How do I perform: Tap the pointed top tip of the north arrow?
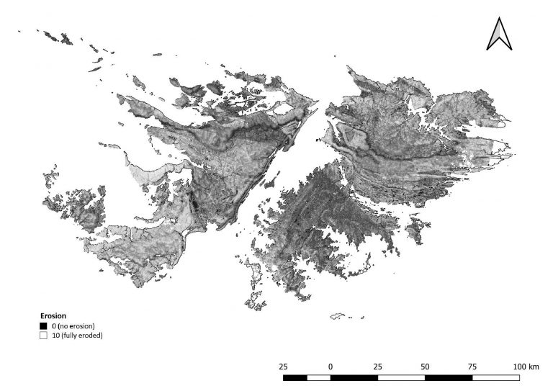pyautogui.click(x=499, y=18)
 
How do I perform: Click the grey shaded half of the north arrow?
pyautogui.click(x=504, y=36)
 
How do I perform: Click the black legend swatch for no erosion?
pyautogui.click(x=42, y=326)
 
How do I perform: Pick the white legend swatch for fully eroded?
pyautogui.click(x=42, y=335)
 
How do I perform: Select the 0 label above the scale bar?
pyautogui.click(x=331, y=367)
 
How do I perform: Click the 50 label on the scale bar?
pyautogui.click(x=425, y=367)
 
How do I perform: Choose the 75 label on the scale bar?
pyautogui.click(x=472, y=367)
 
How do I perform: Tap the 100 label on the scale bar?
pyautogui.click(x=516, y=367)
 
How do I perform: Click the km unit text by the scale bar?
pyautogui.click(x=533, y=367)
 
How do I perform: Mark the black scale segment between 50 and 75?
pyautogui.click(x=449, y=377)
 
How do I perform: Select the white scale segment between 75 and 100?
pyautogui.click(x=496, y=377)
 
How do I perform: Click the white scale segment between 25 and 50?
pyautogui.click(x=401, y=377)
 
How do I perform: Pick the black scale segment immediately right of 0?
pyautogui.click(x=354, y=377)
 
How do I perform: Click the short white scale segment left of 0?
pyautogui.click(x=319, y=377)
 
